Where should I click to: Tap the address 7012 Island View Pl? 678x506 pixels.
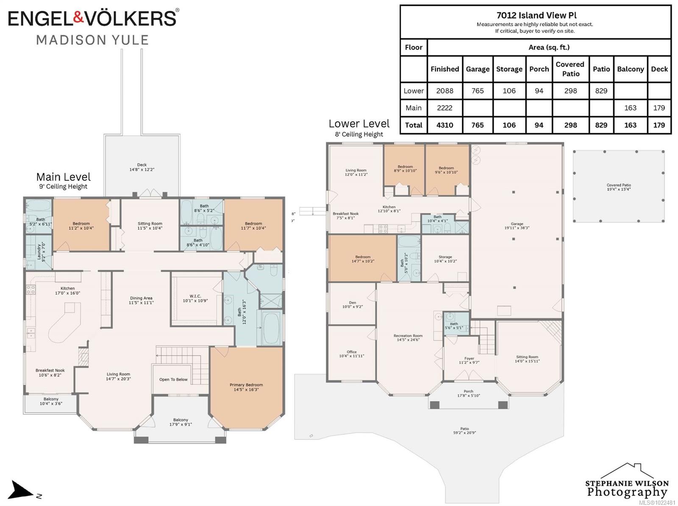(x=536, y=15)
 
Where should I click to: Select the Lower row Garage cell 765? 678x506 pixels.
(x=477, y=91)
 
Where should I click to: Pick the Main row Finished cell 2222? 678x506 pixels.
(x=445, y=108)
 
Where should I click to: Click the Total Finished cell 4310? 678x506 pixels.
(x=445, y=125)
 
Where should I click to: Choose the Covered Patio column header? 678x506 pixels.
(x=570, y=69)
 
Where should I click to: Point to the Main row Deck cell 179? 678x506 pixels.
(x=659, y=108)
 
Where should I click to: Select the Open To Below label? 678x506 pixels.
(x=173, y=379)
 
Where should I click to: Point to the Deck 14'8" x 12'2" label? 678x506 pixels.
(x=142, y=167)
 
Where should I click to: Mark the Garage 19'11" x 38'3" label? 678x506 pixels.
(x=517, y=225)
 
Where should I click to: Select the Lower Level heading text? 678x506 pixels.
(x=359, y=124)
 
